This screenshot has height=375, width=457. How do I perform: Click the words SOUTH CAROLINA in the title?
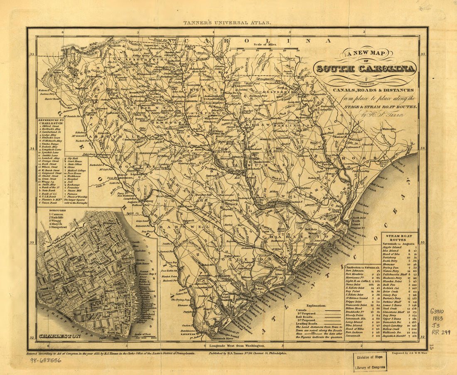(x=366, y=69)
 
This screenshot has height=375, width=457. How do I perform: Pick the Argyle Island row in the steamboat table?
(x=392, y=247)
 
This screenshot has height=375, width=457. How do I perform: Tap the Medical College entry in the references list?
(x=76, y=170)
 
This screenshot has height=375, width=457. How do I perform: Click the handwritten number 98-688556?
(x=45, y=360)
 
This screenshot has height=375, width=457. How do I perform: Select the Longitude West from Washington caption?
(x=238, y=346)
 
